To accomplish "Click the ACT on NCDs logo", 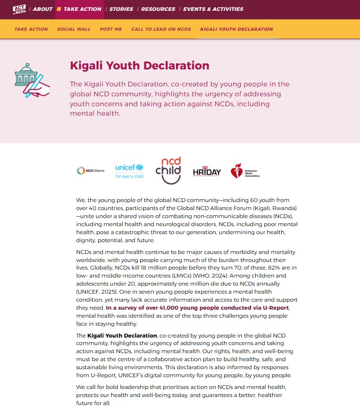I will (x=19, y=9).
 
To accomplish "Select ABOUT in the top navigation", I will (x=42, y=9).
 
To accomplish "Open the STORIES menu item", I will (x=121, y=9).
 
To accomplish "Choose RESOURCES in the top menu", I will (x=158, y=9).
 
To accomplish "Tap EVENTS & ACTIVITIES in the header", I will (x=213, y=9).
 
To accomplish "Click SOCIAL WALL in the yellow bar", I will (x=74, y=29).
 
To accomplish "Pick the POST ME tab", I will (x=111, y=29).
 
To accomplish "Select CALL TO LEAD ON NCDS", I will (x=161, y=29).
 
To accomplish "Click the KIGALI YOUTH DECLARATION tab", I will (x=236, y=29).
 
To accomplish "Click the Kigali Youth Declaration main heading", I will (x=139, y=66).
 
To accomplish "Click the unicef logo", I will (x=129, y=171).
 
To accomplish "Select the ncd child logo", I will (x=168, y=170).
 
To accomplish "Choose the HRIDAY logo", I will (x=207, y=171).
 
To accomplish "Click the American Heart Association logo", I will (x=245, y=171).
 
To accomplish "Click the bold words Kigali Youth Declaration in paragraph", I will (x=122, y=336).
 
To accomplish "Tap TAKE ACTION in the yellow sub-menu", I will (x=31, y=29).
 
